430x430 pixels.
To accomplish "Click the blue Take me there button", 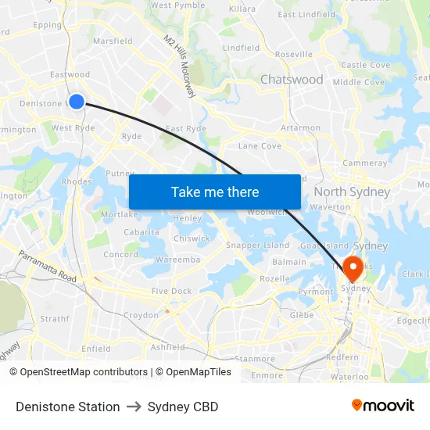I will tap(214, 192).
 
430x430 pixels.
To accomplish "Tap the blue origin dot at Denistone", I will tap(77, 101).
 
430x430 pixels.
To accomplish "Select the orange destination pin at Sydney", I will tap(352, 268).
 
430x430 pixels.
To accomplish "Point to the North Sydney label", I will tap(351, 192).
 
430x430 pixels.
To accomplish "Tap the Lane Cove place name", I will tap(260, 145).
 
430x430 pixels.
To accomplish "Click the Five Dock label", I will tap(171, 291).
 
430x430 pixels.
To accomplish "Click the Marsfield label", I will tap(113, 41).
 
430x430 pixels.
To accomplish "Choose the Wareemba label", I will tap(177, 259).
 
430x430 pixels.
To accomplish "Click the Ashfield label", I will tap(167, 347).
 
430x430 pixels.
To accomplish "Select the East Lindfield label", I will tap(306, 14).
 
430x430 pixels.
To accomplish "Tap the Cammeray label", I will tap(364, 163).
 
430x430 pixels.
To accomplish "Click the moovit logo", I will tap(383, 405).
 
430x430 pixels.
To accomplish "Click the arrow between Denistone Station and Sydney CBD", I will tap(134, 407).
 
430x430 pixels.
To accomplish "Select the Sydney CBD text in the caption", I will tap(183, 407).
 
